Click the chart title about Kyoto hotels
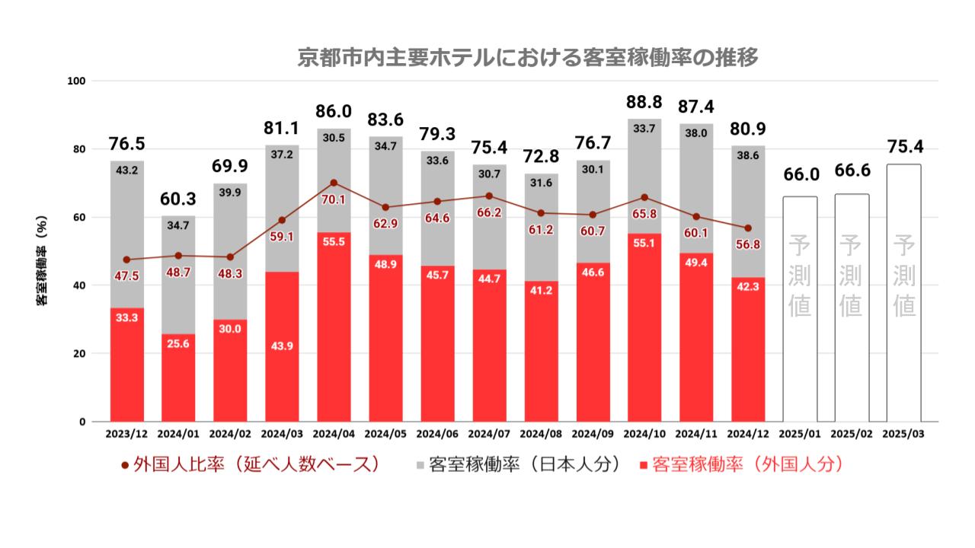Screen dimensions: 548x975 pos(528,58)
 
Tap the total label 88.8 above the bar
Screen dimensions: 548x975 pos(644,103)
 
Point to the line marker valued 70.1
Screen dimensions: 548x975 pos(334,183)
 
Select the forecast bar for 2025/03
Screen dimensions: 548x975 pos(903,293)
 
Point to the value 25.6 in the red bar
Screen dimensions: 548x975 pos(178,345)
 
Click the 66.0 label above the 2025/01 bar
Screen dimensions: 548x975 pos(801,174)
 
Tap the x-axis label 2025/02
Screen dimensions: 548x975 pos(852,435)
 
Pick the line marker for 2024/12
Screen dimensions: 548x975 pos(748,228)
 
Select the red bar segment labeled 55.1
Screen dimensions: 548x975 pos(644,327)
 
